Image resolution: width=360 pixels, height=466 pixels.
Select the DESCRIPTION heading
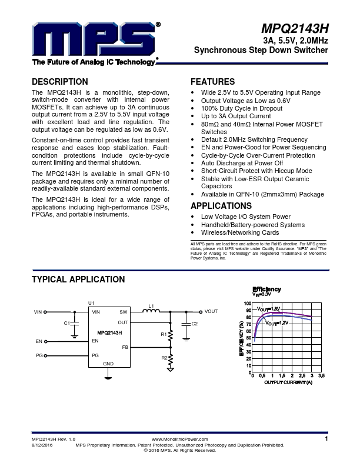[60, 82]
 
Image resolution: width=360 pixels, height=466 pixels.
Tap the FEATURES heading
[213, 82]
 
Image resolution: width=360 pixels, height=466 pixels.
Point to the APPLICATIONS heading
[221, 206]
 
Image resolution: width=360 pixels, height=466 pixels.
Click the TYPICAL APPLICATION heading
[78, 279]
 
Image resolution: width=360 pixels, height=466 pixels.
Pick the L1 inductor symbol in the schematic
[151, 311]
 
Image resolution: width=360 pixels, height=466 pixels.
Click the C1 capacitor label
[66, 323]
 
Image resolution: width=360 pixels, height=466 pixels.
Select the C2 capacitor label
[195, 324]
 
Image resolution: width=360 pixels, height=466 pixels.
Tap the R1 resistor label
[164, 334]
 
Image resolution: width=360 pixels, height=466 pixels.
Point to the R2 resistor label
[164, 357]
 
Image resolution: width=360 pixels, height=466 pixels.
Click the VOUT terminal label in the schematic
[211, 311]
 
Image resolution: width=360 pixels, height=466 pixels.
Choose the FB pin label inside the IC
[125, 347]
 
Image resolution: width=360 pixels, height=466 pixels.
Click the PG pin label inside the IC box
[95, 355]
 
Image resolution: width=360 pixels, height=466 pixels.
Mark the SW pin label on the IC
[124, 311]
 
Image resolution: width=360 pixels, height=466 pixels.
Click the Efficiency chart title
[266, 289]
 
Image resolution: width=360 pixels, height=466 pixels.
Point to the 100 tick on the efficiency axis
[248, 303]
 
